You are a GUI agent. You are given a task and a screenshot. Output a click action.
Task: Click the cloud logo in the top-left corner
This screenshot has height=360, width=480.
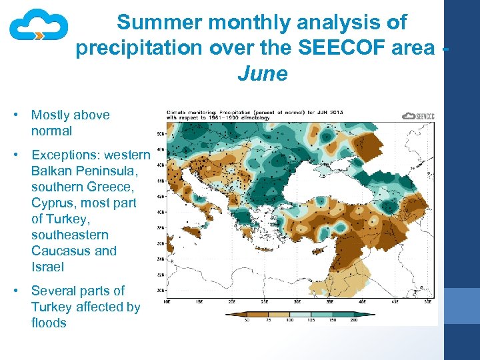[39, 27]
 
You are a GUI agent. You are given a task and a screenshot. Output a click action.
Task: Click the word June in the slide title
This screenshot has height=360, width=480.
[262, 73]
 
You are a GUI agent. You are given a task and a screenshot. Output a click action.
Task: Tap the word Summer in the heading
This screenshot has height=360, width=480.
[159, 23]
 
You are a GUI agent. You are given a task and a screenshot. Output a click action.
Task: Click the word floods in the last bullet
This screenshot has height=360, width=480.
[49, 323]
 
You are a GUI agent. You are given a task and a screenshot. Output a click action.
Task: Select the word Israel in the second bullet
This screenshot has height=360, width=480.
[47, 267]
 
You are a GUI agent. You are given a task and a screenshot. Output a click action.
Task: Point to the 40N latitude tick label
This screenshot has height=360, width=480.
[161, 212]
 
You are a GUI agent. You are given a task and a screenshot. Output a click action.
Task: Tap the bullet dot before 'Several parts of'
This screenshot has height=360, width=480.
[15, 291]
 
